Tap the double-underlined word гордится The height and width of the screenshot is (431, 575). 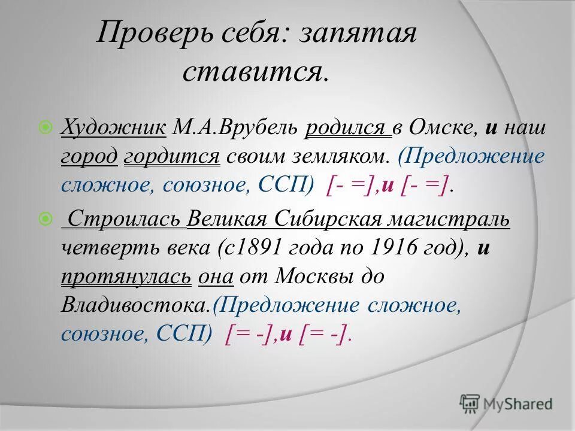[x=172, y=157]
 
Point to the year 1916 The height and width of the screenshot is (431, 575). [x=387, y=248]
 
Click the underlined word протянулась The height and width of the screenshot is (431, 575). [x=126, y=277]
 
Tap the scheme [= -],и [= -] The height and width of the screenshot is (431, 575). [x=286, y=334]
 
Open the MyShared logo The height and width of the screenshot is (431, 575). [x=506, y=403]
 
